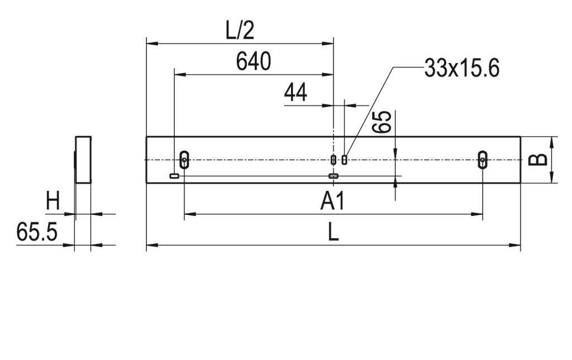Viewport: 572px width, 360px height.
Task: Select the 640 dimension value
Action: pos(253,61)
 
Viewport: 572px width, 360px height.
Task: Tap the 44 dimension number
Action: pos(295,93)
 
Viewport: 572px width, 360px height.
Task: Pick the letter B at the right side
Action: pos(537,160)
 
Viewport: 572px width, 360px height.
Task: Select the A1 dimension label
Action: pos(332,201)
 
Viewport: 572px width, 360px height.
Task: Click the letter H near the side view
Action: pos(53,201)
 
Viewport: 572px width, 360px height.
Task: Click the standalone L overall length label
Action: pos(333,232)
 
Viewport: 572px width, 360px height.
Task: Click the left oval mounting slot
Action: pos(184,160)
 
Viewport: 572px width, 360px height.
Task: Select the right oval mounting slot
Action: pos(482,160)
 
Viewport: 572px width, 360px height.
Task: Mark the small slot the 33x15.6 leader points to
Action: pos(345,160)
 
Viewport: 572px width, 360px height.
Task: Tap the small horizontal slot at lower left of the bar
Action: pos(174,176)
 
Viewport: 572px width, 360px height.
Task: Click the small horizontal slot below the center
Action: pos(333,176)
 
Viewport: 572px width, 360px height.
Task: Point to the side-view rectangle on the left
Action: pos(83,160)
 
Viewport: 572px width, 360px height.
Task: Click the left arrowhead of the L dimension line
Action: pos(150,244)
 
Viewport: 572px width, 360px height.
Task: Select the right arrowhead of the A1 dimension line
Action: pos(479,213)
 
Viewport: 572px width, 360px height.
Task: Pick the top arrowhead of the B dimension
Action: pos(552,140)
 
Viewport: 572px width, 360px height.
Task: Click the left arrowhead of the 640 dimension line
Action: pos(178,74)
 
